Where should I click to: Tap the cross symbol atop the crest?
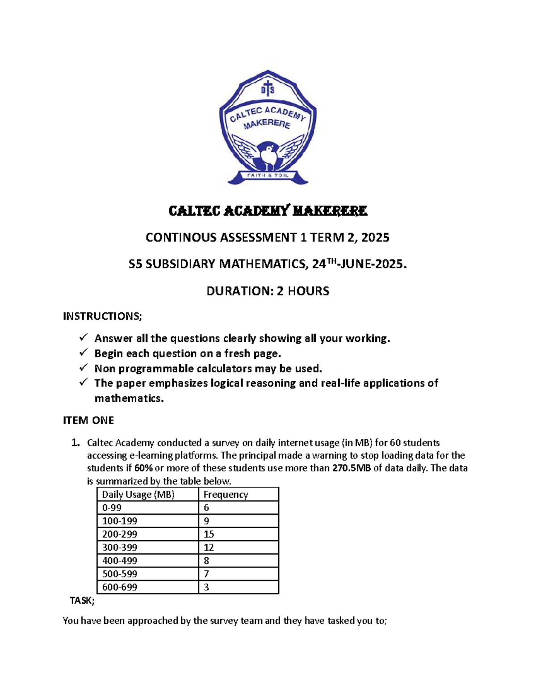(x=268, y=88)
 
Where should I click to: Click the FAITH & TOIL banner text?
(x=268, y=175)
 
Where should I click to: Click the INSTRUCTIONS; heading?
(x=102, y=316)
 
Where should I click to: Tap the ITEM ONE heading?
(x=88, y=421)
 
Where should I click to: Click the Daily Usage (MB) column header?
(x=138, y=494)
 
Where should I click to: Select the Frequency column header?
(x=226, y=494)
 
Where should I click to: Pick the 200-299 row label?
(x=120, y=534)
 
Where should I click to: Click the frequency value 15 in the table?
(x=209, y=534)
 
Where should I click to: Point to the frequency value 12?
(x=209, y=547)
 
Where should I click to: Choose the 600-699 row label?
(x=120, y=587)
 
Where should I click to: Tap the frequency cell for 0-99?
(x=206, y=508)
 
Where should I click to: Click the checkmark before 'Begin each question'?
(x=84, y=353)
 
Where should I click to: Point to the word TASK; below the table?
(x=82, y=601)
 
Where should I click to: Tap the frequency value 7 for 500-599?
(x=206, y=574)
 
